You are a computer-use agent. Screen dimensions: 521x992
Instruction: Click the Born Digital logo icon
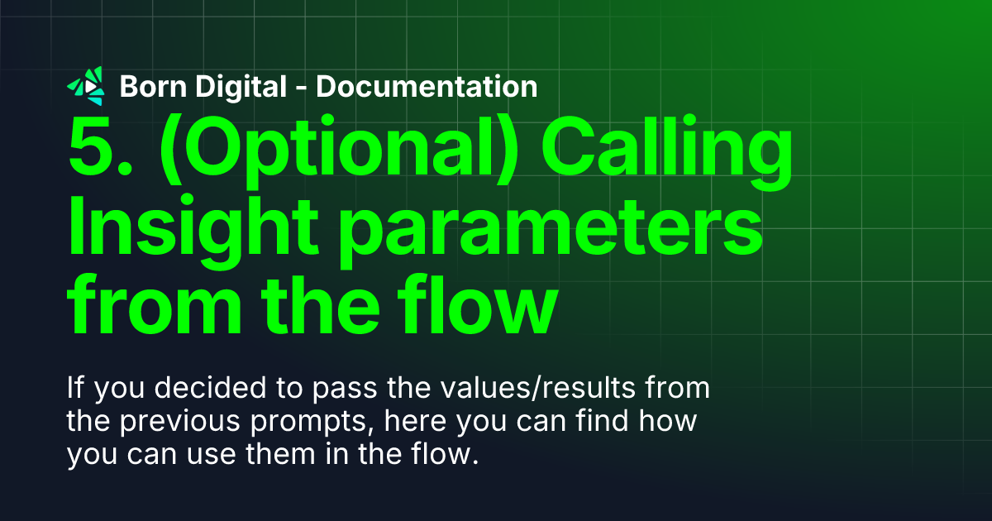click(86, 85)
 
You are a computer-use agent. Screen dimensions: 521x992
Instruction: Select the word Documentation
click(427, 86)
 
